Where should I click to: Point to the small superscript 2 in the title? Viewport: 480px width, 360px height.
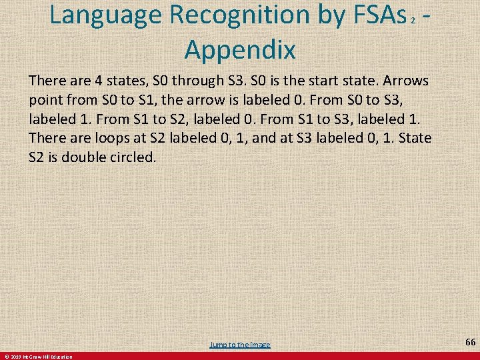[413, 20]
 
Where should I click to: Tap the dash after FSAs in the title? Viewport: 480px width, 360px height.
[425, 16]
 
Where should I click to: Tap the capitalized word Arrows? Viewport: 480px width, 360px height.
[405, 81]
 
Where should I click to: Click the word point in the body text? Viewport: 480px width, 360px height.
[45, 100]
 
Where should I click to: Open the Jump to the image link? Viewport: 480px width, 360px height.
[240, 344]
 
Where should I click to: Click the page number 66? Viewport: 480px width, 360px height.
[470, 342]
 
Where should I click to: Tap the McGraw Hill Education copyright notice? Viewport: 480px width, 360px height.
[37, 357]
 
